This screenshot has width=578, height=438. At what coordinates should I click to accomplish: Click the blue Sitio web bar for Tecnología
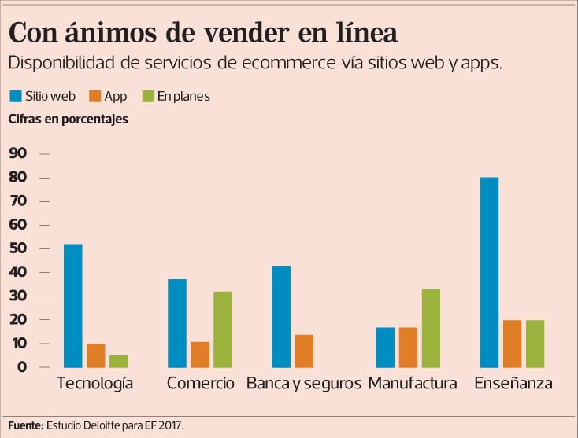point(72,306)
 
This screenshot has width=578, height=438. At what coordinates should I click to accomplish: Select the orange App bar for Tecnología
point(96,355)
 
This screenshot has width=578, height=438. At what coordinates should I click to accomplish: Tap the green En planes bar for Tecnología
point(119,361)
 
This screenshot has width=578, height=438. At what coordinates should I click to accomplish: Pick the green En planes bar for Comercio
point(223,329)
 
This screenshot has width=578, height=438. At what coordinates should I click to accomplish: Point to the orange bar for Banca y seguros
point(304,351)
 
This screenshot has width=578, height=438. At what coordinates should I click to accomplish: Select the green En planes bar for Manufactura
point(431,328)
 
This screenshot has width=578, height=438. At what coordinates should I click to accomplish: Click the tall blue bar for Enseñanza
point(489,272)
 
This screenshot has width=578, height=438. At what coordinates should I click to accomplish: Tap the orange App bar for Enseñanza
point(512,344)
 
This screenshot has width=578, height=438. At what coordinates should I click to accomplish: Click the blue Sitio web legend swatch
point(16,97)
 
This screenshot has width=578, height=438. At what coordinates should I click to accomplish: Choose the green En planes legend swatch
point(147,97)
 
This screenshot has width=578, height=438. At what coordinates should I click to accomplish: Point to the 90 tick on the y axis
point(17,153)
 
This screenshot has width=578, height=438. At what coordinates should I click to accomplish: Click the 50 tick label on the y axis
point(17,248)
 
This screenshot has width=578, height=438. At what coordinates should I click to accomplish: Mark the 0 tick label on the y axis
point(22,367)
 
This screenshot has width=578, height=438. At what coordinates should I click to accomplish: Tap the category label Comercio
point(201,384)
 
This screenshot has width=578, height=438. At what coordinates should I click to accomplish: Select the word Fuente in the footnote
point(24,425)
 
